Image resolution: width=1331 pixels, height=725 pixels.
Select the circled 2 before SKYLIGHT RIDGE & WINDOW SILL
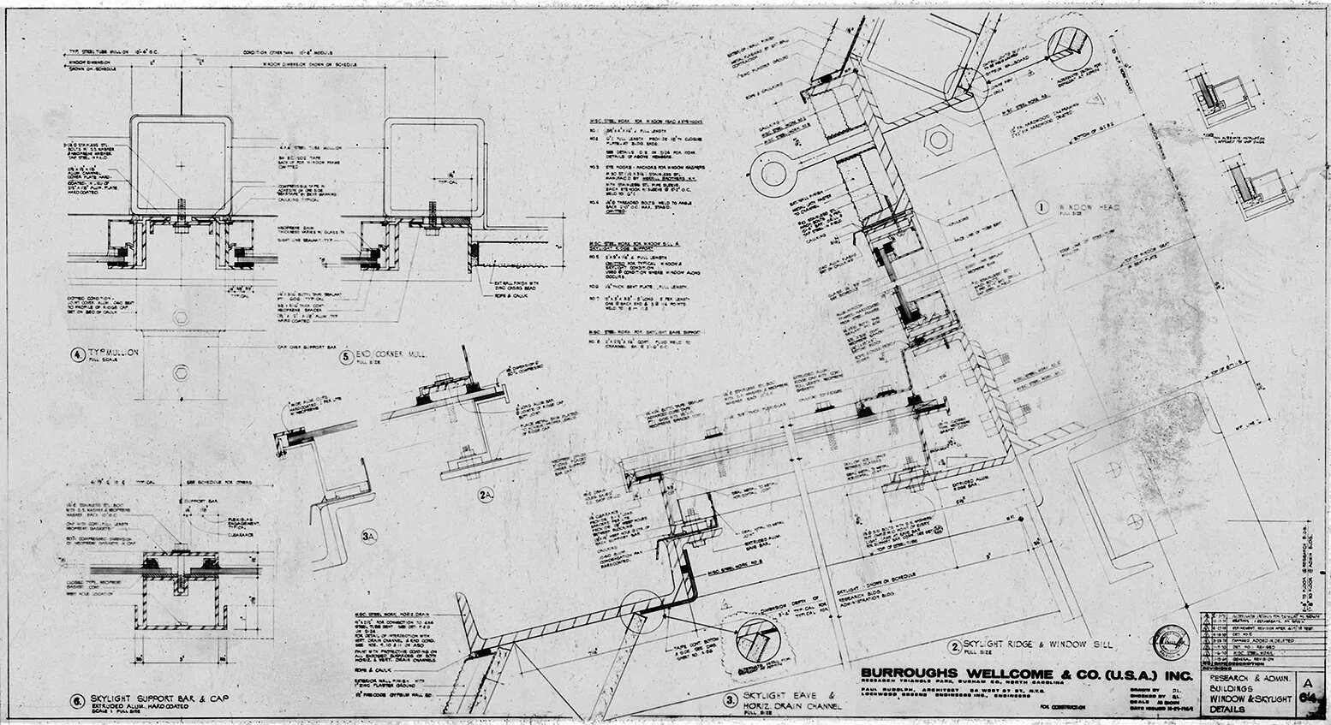[x=953, y=646]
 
